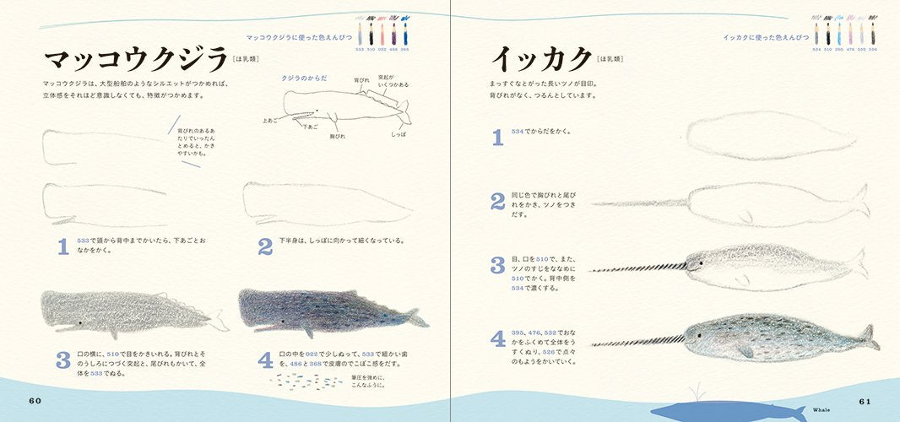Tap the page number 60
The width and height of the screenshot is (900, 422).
click(x=35, y=400)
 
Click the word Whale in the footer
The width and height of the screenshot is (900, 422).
click(x=821, y=408)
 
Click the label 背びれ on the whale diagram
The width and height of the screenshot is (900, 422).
click(x=361, y=80)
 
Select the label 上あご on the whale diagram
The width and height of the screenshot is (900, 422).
click(x=269, y=120)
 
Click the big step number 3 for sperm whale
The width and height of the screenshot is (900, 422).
click(x=62, y=360)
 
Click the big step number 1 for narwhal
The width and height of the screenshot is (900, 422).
click(x=498, y=137)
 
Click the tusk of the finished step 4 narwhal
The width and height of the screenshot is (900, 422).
click(x=633, y=343)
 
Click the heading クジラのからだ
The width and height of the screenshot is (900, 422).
click(x=303, y=77)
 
